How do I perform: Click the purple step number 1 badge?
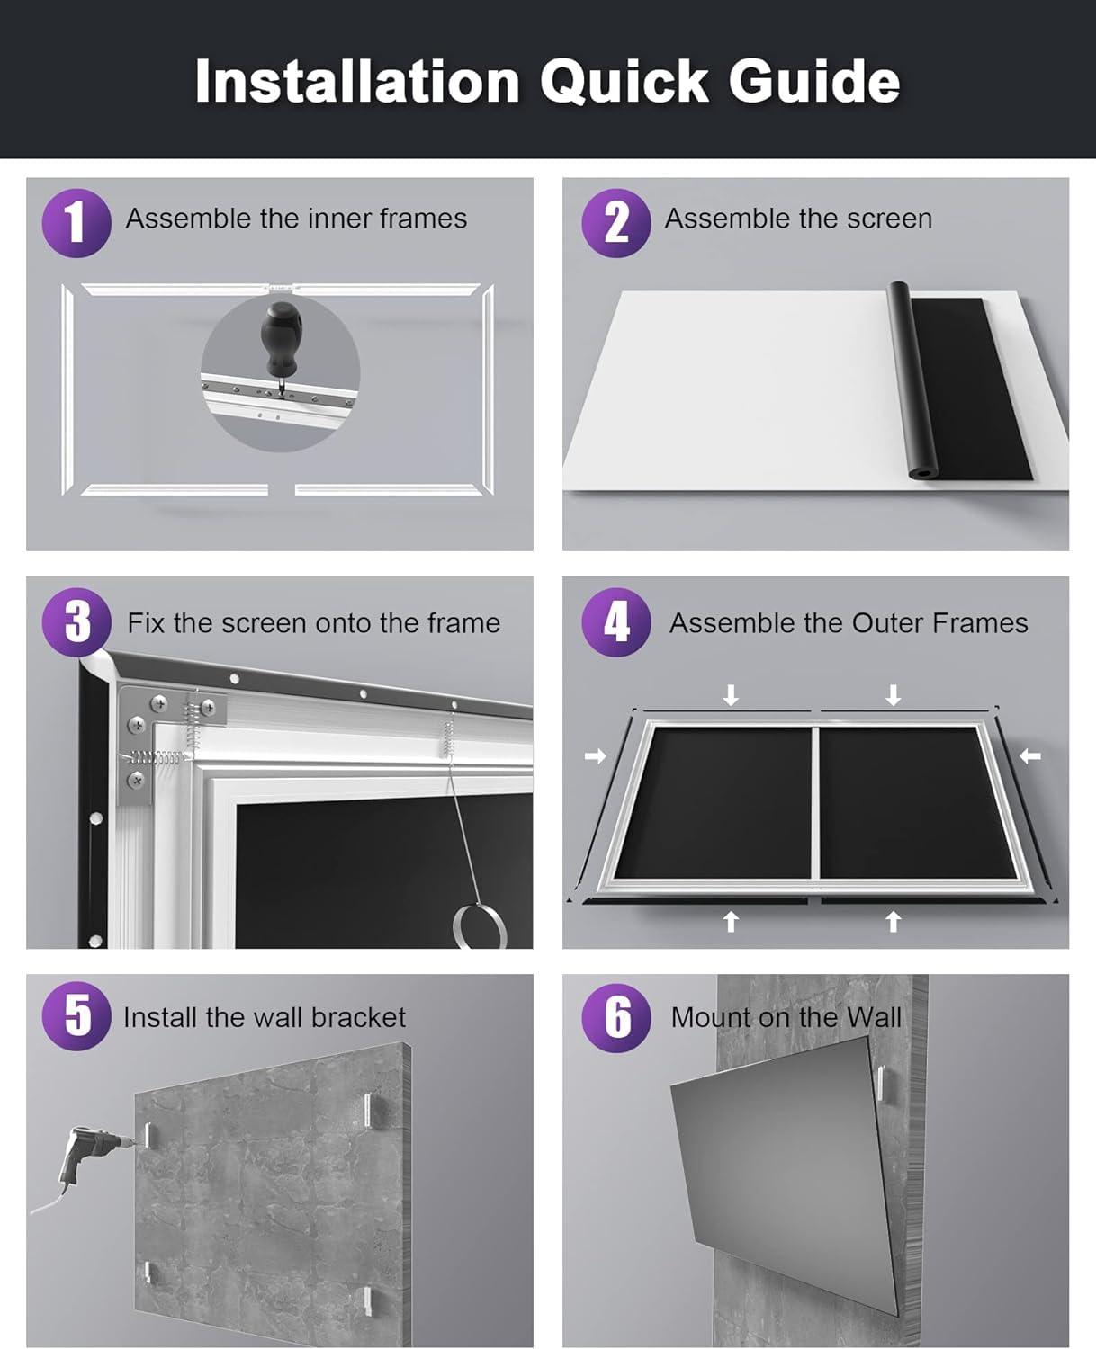76,223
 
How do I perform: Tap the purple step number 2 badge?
615,223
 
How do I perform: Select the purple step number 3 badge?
76,622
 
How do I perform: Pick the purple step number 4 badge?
615,622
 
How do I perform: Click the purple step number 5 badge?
76,1016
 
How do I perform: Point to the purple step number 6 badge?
615,1017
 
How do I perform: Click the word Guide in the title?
813,81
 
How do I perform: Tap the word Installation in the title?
357,81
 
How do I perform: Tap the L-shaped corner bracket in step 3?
148,728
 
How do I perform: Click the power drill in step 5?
85,1156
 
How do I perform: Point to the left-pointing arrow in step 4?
1030,756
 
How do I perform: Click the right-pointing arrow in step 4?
595,756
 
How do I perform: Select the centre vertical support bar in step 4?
815,800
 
